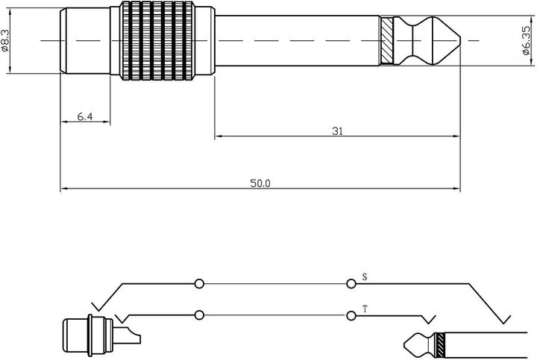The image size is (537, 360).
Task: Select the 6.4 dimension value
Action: click(86, 117)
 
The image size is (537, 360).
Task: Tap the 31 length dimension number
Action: click(337, 130)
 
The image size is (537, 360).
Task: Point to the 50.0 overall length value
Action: click(260, 183)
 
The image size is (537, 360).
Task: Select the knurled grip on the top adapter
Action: click(162, 40)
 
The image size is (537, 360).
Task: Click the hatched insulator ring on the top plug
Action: click(386, 40)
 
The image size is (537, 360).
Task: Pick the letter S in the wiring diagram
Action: click(364, 277)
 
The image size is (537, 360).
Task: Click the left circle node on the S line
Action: click(198, 284)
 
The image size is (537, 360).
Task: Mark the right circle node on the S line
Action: click(351, 284)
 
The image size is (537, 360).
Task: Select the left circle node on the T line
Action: click(198, 315)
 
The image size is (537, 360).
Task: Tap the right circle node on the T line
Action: click(351, 315)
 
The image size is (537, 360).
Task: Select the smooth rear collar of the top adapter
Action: click(84, 40)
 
